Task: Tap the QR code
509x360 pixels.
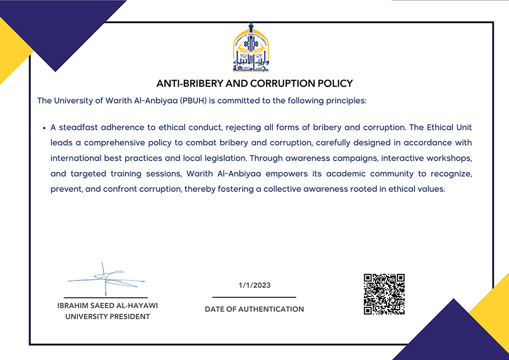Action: [384, 294]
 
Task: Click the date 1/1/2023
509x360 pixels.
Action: [254, 285]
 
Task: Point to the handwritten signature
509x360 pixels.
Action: [106, 278]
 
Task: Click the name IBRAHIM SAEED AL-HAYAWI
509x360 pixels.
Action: [108, 306]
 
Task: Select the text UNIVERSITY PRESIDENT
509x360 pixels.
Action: [108, 317]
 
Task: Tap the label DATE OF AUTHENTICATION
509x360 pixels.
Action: [254, 309]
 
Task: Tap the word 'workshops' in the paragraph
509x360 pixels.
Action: [452, 158]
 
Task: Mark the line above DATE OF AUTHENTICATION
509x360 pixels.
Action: [254, 297]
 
